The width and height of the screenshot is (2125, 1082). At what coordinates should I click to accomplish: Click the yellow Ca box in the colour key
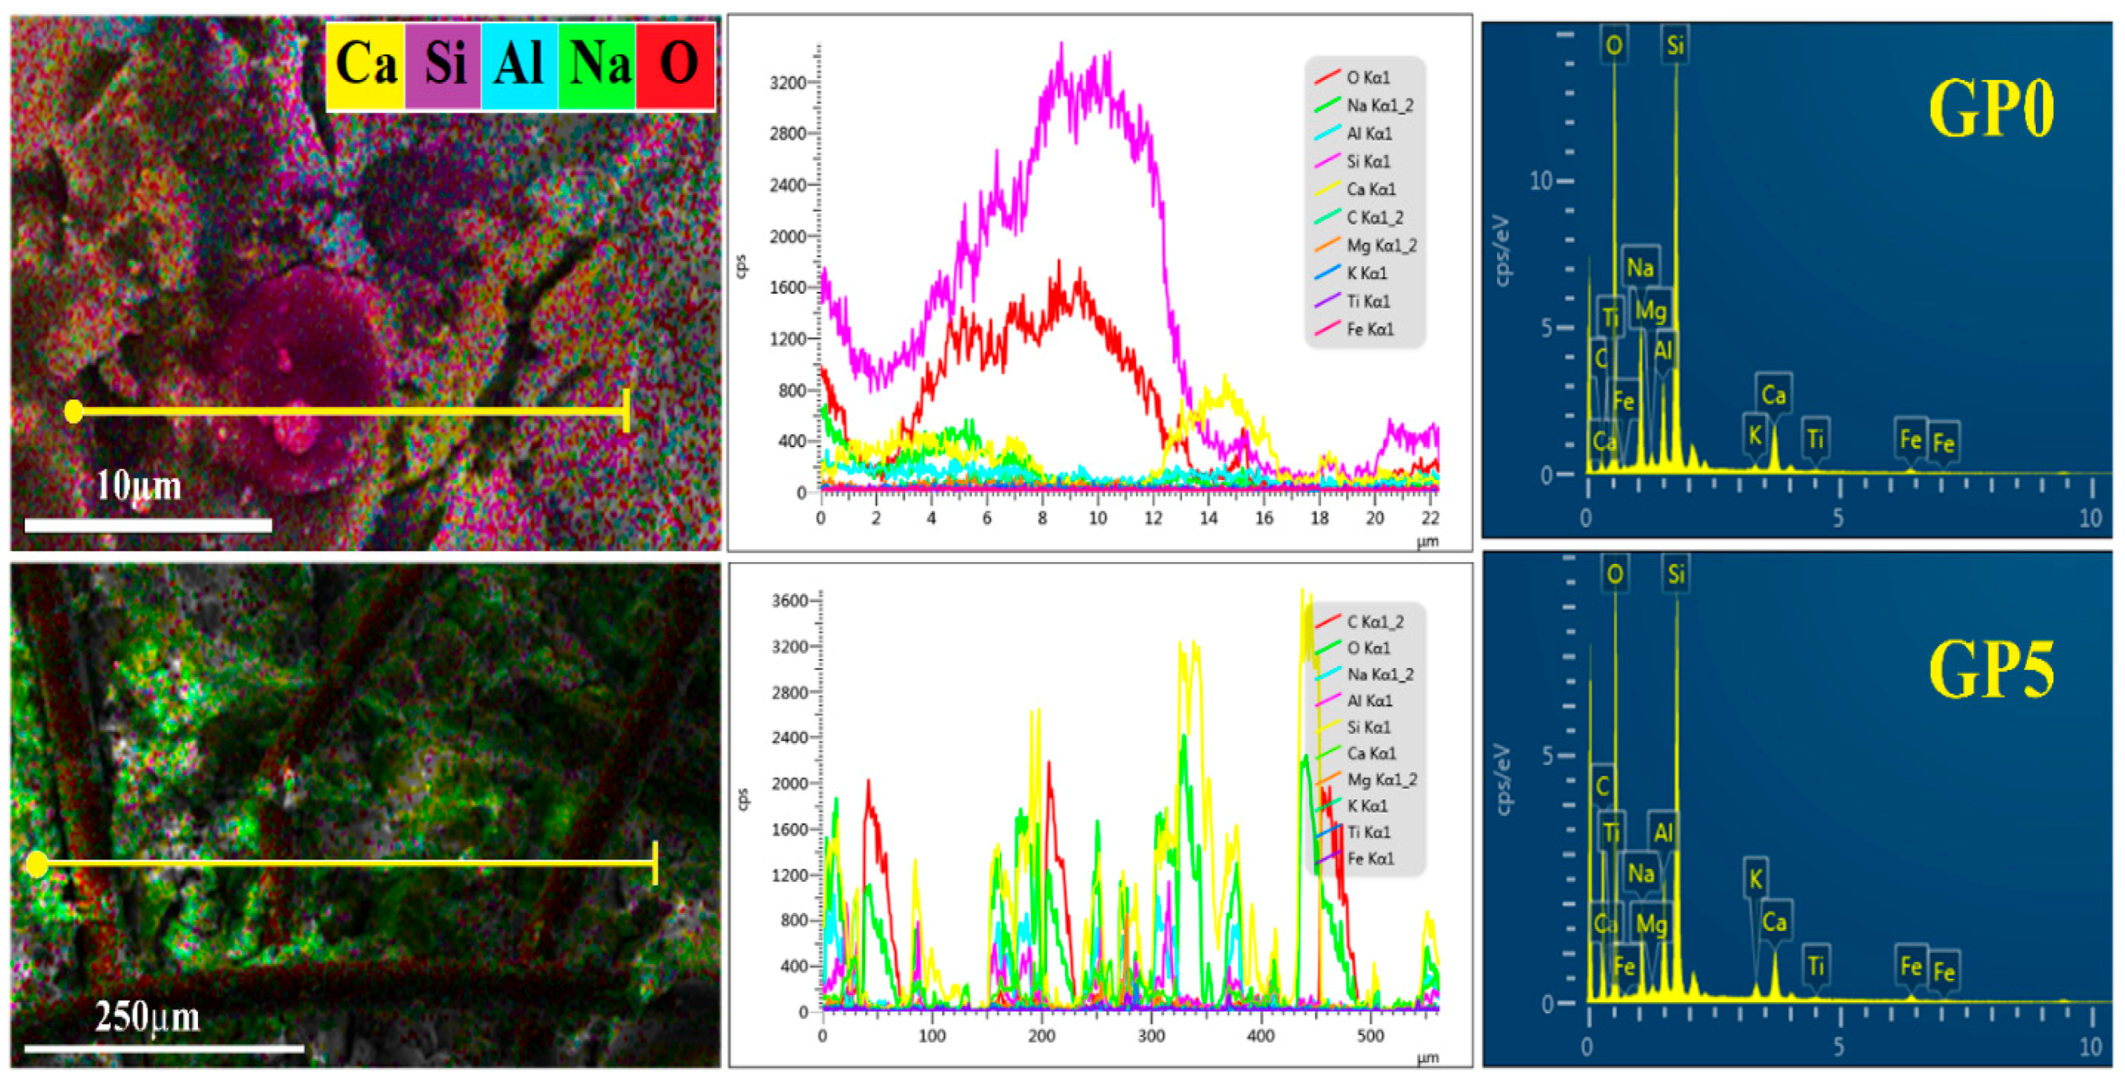click(x=366, y=64)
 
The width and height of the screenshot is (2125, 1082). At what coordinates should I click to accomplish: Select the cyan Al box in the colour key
click(x=519, y=64)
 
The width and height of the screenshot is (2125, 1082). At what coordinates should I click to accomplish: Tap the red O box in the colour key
click(x=676, y=64)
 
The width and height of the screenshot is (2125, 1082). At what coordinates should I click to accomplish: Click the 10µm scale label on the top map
click(x=139, y=485)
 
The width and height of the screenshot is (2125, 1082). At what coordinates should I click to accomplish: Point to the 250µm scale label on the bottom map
click(x=147, y=1017)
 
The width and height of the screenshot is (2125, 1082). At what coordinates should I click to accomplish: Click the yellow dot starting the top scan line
click(x=74, y=411)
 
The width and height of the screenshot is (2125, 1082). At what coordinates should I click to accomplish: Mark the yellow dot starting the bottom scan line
click(x=37, y=864)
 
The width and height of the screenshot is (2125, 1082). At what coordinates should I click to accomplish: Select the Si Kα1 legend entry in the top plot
click(x=1367, y=161)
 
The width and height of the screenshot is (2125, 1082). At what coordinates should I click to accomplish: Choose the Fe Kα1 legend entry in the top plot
click(x=1369, y=329)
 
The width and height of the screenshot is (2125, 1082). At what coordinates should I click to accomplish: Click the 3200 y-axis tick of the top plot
click(x=788, y=82)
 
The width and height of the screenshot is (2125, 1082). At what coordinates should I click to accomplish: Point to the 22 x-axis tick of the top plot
click(x=1431, y=518)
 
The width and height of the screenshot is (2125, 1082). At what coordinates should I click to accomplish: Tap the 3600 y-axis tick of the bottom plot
click(x=789, y=601)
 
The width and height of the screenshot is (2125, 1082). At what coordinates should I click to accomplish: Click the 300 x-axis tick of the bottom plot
click(x=1151, y=1036)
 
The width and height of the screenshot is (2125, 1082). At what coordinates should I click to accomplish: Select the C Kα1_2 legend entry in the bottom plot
click(x=1374, y=622)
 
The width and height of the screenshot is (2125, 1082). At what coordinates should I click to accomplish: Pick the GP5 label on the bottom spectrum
click(x=1990, y=669)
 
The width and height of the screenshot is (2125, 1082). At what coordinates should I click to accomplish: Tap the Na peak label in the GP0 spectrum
click(x=1640, y=267)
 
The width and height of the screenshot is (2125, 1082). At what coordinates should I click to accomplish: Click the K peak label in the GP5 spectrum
click(x=1755, y=879)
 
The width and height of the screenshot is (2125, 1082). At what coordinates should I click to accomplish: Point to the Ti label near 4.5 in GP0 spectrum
click(x=1816, y=438)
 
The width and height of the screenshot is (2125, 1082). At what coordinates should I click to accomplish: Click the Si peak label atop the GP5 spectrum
click(x=1676, y=574)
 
